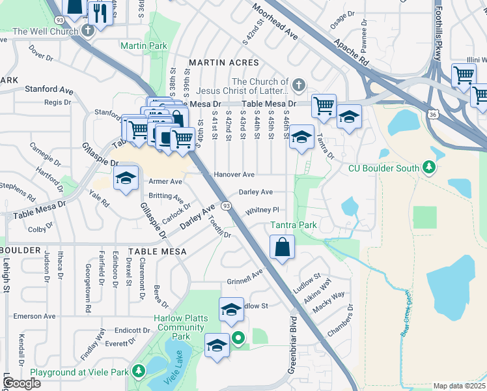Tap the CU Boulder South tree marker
coord(428,167)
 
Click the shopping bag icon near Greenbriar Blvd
coord(282,248)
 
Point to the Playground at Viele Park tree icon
coord(138,371)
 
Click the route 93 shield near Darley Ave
coord(226,206)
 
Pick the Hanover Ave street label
coord(234,175)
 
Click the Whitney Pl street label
coord(262,210)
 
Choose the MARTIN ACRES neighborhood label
coord(223,63)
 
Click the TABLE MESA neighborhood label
coord(157,251)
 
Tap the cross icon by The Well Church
coord(89,31)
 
